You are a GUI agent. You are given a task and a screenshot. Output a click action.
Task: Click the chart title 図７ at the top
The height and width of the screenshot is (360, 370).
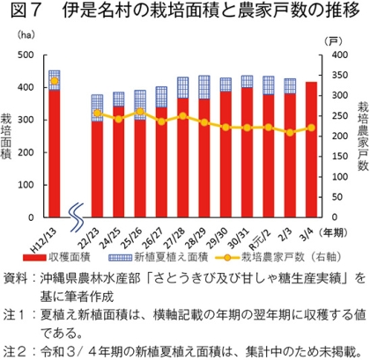tap(20, 12)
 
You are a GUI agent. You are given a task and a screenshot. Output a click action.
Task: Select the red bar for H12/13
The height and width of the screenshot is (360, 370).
tap(55, 154)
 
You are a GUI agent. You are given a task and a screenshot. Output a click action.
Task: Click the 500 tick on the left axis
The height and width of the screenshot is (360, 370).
tap(26, 56)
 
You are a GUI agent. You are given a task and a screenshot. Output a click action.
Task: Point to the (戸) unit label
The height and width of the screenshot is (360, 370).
tap(332, 40)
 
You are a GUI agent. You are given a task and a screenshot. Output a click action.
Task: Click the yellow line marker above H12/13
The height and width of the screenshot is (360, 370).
tap(55, 81)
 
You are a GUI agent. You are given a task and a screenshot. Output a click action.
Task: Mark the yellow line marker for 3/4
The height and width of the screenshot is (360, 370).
tap(311, 129)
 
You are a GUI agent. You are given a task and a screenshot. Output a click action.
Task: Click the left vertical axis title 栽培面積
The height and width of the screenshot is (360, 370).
tap(8, 136)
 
